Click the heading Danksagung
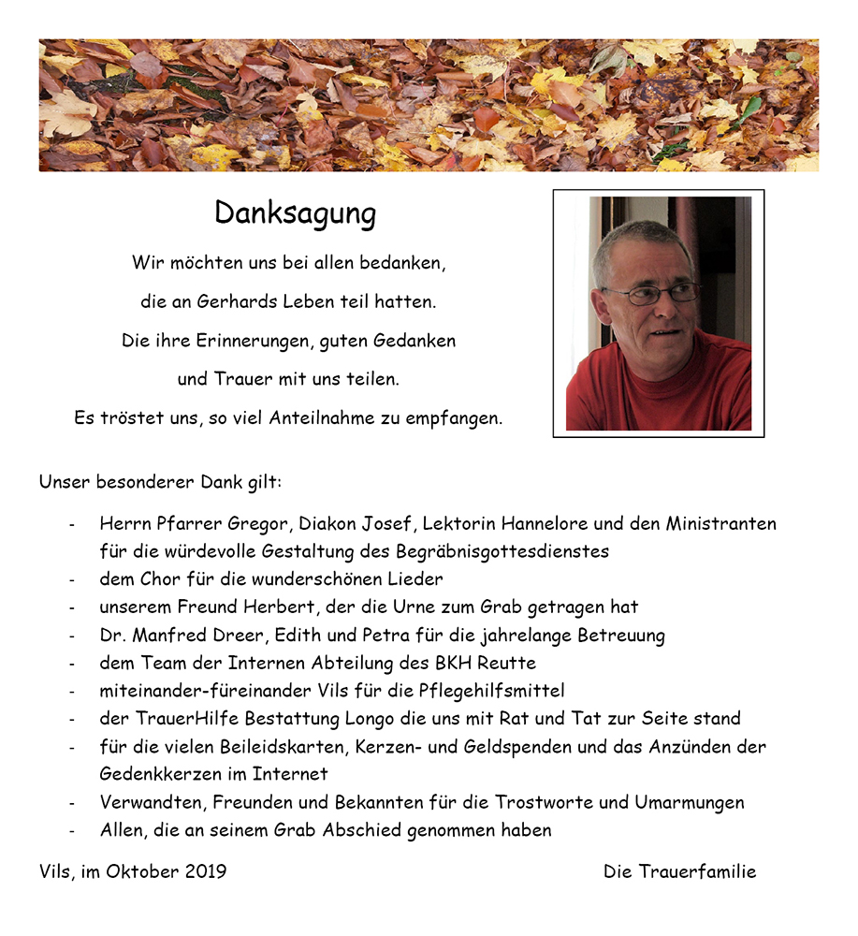(x=295, y=213)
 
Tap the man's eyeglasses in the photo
(x=651, y=294)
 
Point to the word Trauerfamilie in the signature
(x=697, y=871)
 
